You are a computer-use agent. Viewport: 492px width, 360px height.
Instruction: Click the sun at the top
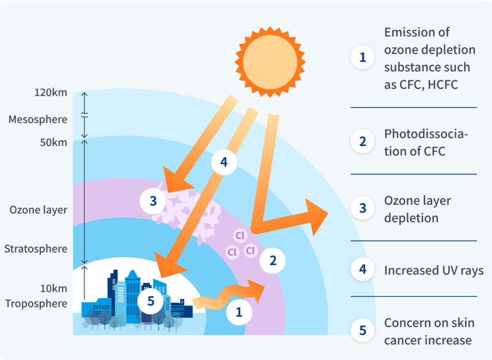pyautogui.click(x=270, y=62)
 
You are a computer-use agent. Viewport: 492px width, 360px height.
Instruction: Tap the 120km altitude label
pyautogui.click(x=51, y=93)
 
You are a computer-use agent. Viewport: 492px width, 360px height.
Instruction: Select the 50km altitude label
pyautogui.click(x=53, y=142)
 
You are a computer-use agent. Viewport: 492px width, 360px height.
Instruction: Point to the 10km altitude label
pyautogui.click(x=54, y=288)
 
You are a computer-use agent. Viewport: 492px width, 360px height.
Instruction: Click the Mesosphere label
pyautogui.click(x=37, y=120)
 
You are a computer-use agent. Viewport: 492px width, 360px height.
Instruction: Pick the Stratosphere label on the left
pyautogui.click(x=36, y=249)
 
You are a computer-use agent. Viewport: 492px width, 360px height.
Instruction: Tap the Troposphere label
pyautogui.click(x=36, y=304)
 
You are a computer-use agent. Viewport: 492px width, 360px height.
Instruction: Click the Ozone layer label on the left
pyautogui.click(x=38, y=210)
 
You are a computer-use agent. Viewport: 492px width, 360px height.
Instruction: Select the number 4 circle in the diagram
pyautogui.click(x=224, y=162)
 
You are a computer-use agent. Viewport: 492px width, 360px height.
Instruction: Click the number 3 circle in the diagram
pyautogui.click(x=153, y=201)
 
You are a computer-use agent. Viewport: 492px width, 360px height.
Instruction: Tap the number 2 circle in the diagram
pyautogui.click(x=273, y=261)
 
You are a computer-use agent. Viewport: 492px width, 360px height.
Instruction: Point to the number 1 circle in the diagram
pyautogui.click(x=239, y=312)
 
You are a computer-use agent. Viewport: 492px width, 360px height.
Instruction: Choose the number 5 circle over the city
pyautogui.click(x=150, y=301)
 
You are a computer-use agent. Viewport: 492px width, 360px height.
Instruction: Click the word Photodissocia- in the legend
pyautogui.click(x=426, y=134)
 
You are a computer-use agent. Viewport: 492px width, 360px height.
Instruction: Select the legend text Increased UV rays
pyautogui.click(x=434, y=270)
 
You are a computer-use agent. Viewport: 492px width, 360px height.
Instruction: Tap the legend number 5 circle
pyautogui.click(x=363, y=330)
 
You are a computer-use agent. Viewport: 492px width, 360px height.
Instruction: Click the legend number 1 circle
pyautogui.click(x=363, y=57)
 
